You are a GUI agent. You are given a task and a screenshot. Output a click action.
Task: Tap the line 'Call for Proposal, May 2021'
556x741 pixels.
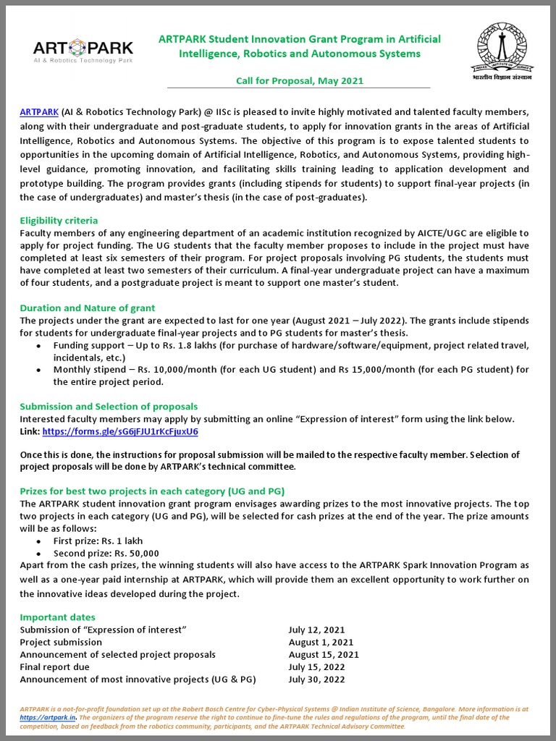pos(299,80)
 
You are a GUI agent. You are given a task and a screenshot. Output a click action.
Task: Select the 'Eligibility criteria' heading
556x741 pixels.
pos(59,220)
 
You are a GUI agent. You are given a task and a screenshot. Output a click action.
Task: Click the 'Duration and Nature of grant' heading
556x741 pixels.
pos(87,308)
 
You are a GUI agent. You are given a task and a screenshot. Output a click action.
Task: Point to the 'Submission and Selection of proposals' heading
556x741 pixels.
pos(109,406)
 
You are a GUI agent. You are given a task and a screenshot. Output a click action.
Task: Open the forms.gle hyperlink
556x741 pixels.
pos(120,431)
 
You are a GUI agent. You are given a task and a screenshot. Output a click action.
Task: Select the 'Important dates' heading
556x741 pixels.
pos(57,617)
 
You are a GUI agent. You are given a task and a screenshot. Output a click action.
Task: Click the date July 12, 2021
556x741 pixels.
pos(316,630)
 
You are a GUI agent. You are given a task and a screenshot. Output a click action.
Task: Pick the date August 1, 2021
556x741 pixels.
pos(321,642)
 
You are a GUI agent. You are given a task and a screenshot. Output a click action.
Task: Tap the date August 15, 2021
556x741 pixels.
pos(324,654)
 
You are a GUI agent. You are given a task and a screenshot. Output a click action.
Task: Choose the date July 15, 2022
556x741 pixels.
pos(316,666)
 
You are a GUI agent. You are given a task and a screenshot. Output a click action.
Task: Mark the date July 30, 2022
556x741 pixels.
pos(316,679)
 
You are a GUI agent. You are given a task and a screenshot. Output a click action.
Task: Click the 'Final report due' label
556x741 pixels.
pos(55,666)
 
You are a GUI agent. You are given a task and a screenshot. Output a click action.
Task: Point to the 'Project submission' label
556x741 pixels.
pos(61,642)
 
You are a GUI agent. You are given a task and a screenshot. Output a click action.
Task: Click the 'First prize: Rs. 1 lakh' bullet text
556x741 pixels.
pos(99,541)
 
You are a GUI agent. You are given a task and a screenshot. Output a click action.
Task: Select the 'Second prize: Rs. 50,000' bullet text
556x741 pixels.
pos(106,553)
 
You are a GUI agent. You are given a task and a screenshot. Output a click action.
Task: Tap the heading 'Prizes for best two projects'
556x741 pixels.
pos(152,490)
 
